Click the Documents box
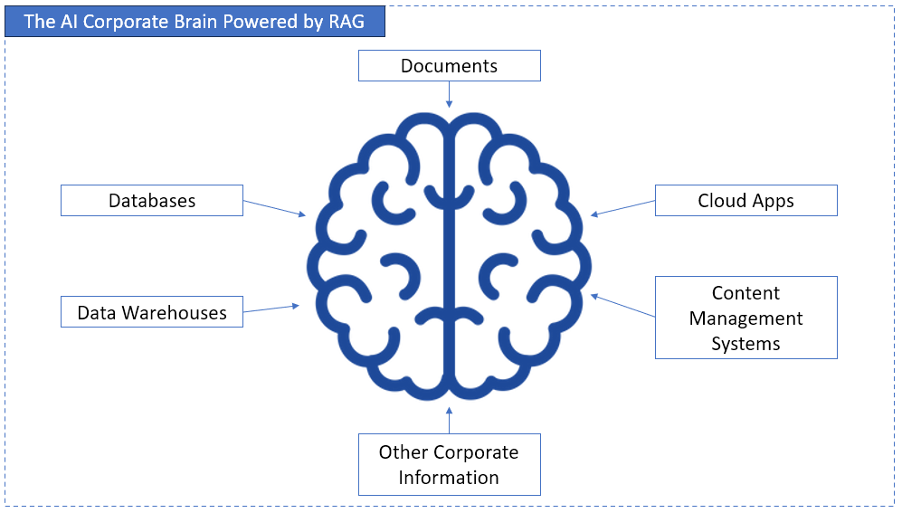[449, 66]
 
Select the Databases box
[152, 200]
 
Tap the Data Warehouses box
[152, 313]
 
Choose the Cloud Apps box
[745, 201]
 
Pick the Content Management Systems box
[745, 318]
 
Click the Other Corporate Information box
[449, 464]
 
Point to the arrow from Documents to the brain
[449, 94]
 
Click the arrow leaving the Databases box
[275, 208]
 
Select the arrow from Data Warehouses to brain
[271, 309]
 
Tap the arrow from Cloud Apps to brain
[623, 208]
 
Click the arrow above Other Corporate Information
[449, 420]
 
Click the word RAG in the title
[347, 22]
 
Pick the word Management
[745, 318]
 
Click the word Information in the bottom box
[449, 477]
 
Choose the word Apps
[772, 202]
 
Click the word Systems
[745, 344]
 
